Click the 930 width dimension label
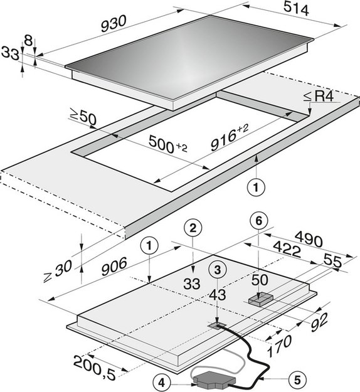114,24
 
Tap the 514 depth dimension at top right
296,9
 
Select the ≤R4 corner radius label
319,97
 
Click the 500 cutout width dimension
167,144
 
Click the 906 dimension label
114,267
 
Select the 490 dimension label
309,238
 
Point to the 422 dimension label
287,249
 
